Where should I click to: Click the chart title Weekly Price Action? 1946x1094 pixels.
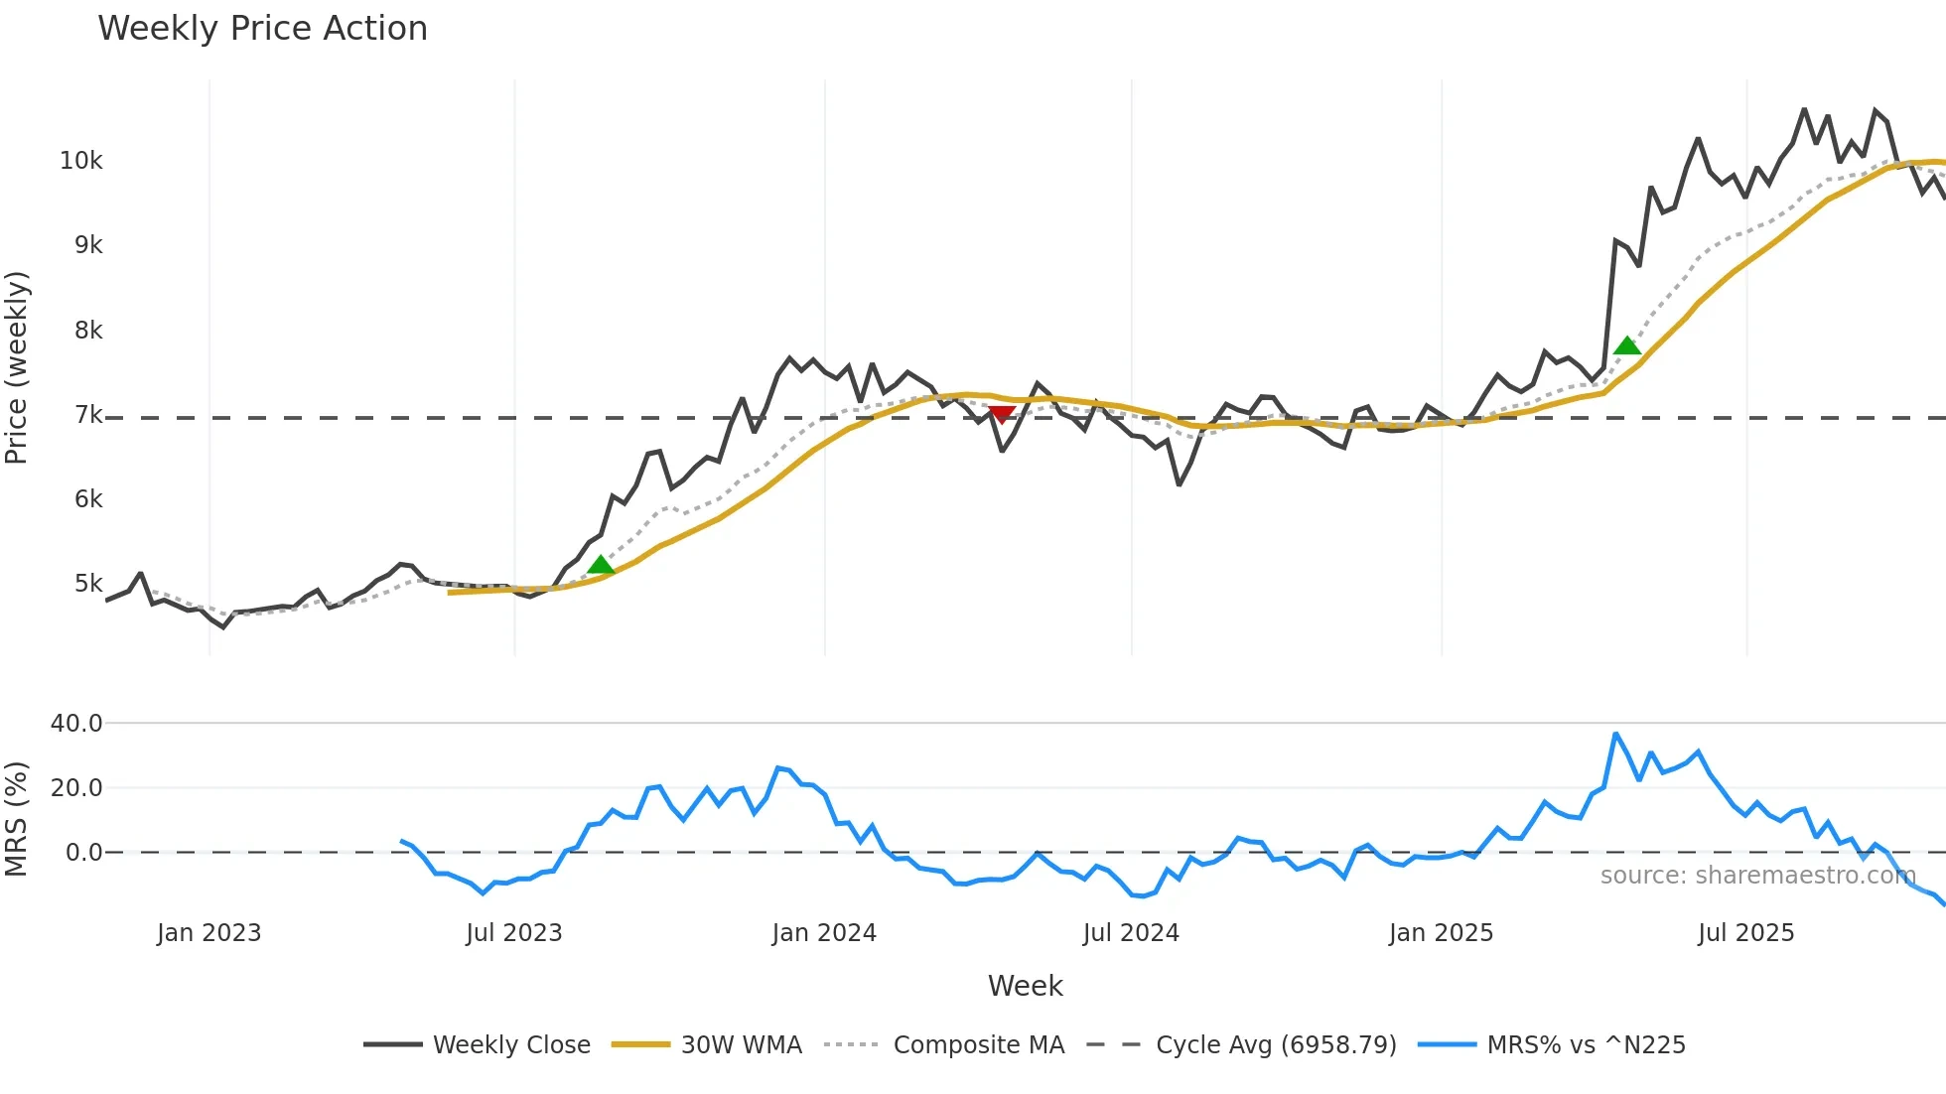(262, 29)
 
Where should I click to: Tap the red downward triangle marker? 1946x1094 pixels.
(1002, 414)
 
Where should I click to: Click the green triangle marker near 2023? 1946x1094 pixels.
(601, 566)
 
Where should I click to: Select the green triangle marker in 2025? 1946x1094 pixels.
(1627, 345)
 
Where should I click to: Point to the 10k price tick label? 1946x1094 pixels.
(80, 161)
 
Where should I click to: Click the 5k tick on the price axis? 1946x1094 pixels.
(88, 584)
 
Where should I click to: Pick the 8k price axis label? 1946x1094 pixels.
(88, 331)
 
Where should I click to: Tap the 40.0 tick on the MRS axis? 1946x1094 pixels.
(76, 724)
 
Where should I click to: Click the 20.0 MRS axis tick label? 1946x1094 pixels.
(76, 788)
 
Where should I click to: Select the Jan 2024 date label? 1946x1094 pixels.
(824, 933)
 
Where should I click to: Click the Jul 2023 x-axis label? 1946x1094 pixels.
(514, 933)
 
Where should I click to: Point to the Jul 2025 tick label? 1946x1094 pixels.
(1745, 933)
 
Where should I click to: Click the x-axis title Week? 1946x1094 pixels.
(1025, 986)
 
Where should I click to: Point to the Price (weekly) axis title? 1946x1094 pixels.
(17, 367)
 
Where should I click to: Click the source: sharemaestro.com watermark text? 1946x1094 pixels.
(1757, 876)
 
